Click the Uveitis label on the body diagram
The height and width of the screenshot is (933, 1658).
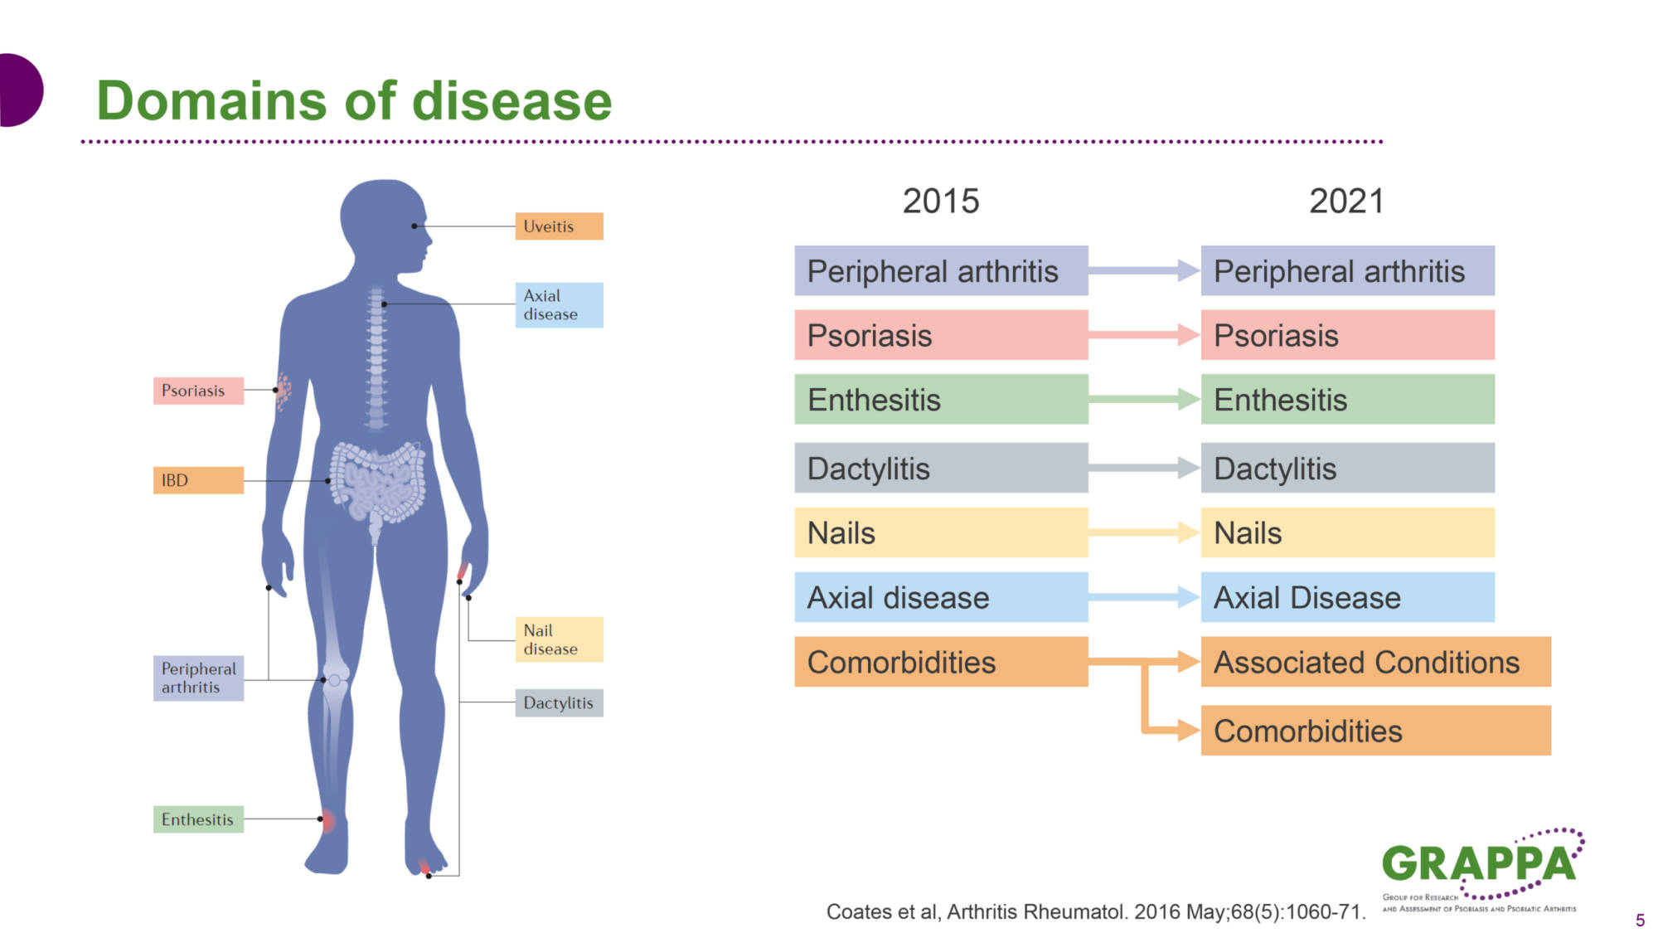coord(559,226)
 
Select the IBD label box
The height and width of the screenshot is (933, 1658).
coord(198,480)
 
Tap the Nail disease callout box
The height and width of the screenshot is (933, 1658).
coord(559,639)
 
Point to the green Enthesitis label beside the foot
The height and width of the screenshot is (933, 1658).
coord(198,819)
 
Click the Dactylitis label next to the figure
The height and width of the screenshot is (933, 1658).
coord(559,702)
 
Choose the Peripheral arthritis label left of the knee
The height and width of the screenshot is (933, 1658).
coord(198,678)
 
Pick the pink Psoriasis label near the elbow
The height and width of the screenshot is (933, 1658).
coord(198,391)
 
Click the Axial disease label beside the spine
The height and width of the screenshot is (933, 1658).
coord(559,305)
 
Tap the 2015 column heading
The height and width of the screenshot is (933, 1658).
coord(941,202)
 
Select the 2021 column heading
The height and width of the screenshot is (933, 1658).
coord(1347,202)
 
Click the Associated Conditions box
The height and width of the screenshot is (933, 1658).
coord(1376,662)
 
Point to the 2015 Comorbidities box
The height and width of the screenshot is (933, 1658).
coord(941,662)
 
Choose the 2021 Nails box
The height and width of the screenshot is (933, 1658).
coord(1348,532)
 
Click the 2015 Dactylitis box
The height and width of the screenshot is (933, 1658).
coord(941,468)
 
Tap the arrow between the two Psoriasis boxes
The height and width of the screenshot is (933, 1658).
coord(1145,335)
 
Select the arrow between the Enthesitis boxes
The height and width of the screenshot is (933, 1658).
coord(1145,400)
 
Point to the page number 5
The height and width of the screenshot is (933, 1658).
coord(1640,920)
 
